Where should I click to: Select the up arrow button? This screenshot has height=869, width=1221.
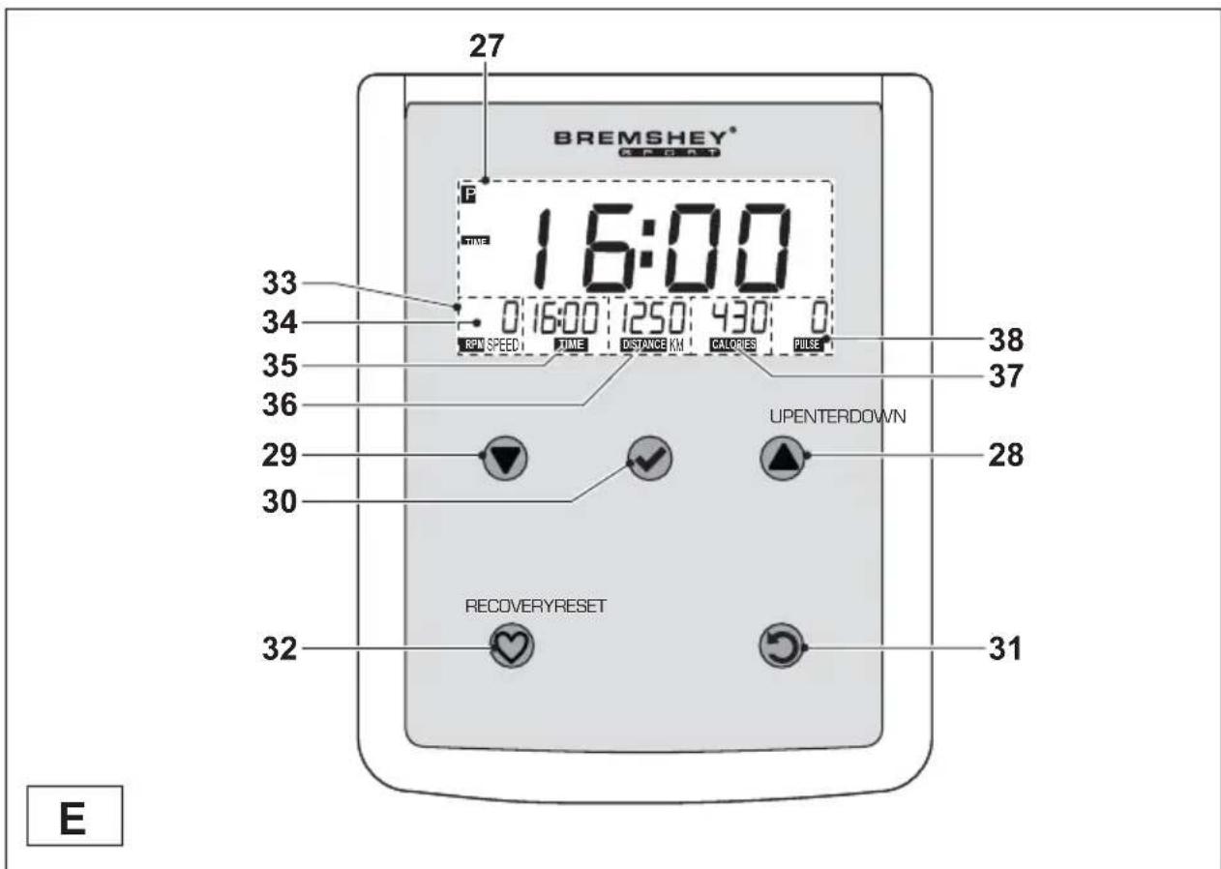(x=782, y=456)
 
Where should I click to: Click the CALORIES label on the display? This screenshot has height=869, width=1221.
(x=732, y=345)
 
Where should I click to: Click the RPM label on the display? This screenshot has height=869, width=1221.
(x=469, y=345)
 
